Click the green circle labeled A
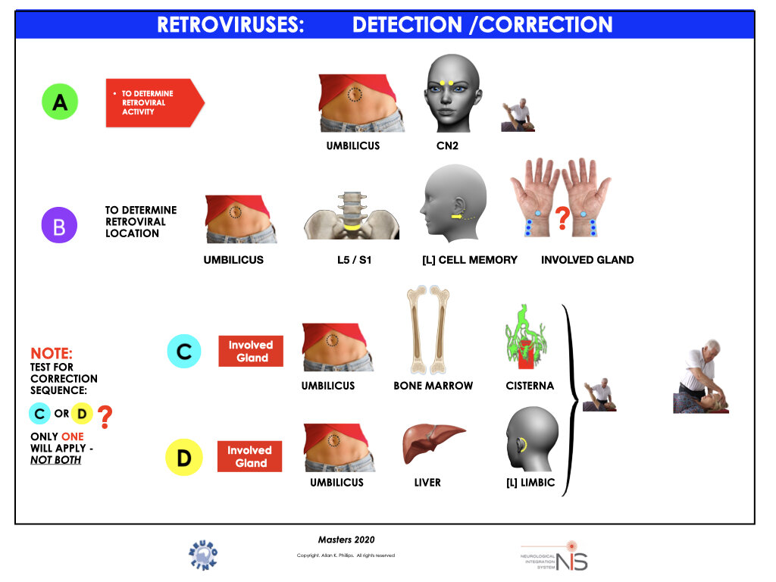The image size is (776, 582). point(60,103)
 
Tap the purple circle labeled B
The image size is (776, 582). point(59,225)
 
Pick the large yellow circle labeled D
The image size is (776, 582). point(185,458)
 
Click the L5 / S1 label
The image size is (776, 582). point(352,259)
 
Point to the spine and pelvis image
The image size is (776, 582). point(352,215)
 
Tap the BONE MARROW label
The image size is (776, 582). point(433,386)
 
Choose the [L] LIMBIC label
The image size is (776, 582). point(530,482)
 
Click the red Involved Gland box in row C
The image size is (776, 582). point(251,351)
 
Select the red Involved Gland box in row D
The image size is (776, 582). point(249,456)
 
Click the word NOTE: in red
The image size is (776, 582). point(52,353)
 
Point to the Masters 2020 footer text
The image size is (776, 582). point(346,540)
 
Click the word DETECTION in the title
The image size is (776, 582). point(408,24)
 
